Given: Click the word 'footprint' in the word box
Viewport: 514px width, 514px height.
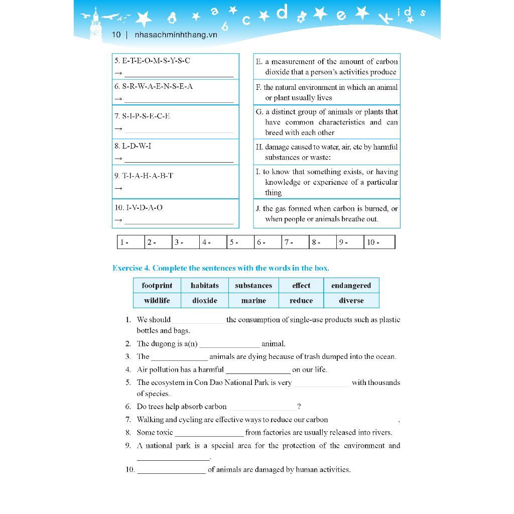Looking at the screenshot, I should coord(157,286).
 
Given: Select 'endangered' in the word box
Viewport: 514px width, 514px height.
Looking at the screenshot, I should coord(351,286).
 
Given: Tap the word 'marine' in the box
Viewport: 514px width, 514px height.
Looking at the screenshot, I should coord(253,301).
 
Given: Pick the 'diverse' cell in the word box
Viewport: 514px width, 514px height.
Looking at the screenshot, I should coord(351,301).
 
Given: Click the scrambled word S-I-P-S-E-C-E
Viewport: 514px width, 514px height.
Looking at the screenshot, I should coord(146,116).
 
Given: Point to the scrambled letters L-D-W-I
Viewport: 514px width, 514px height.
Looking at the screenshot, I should coord(137,146).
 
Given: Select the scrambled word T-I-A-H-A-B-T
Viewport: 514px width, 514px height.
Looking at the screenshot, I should coord(148,176).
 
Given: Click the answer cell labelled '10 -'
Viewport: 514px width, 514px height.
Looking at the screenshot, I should coord(379,242).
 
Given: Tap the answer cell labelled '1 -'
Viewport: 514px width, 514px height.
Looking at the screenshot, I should coord(131,242).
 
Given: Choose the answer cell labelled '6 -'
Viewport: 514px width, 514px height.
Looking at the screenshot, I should coord(268,242).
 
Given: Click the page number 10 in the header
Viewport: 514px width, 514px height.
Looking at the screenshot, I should coord(116,35).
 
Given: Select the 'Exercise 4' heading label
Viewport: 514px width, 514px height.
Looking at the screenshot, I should coord(131,268).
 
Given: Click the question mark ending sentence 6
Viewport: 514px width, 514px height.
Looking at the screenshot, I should coord(299,407).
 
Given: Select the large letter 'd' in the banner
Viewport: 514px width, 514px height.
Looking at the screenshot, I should coord(282,12).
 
